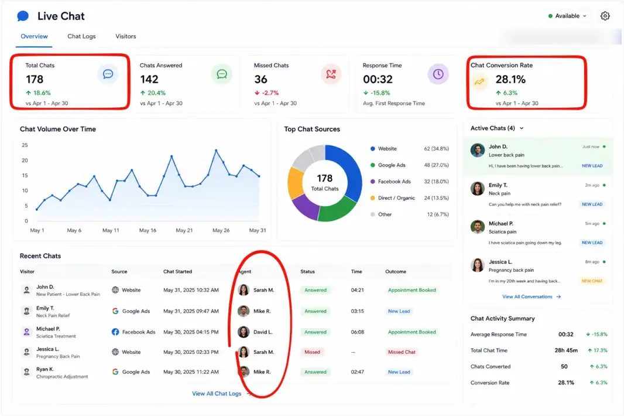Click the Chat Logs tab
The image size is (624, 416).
pyautogui.click(x=81, y=36)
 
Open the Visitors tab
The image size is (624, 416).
pyautogui.click(x=126, y=36)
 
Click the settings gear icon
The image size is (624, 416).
pyautogui.click(x=605, y=16)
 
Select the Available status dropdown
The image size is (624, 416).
pyautogui.click(x=567, y=16)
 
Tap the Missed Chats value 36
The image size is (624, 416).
pyautogui.click(x=260, y=79)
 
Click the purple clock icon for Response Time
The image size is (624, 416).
pyautogui.click(x=438, y=74)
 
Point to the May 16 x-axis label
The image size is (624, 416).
pyautogui.click(x=148, y=230)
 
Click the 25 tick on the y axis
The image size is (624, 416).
pyautogui.click(x=25, y=145)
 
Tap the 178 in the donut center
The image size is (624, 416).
pyautogui.click(x=325, y=178)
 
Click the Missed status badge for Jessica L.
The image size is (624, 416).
pyautogui.click(x=313, y=352)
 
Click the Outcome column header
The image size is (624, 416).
pyautogui.click(x=396, y=271)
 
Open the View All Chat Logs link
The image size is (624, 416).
pyautogui.click(x=217, y=393)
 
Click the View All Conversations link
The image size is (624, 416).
pyautogui.click(x=527, y=296)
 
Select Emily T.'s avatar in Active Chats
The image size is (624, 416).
pyautogui.click(x=478, y=189)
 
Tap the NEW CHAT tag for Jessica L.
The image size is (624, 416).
pyautogui.click(x=592, y=281)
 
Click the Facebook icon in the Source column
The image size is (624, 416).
pyautogui.click(x=115, y=332)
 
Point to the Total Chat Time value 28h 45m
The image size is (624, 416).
pyautogui.click(x=566, y=350)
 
